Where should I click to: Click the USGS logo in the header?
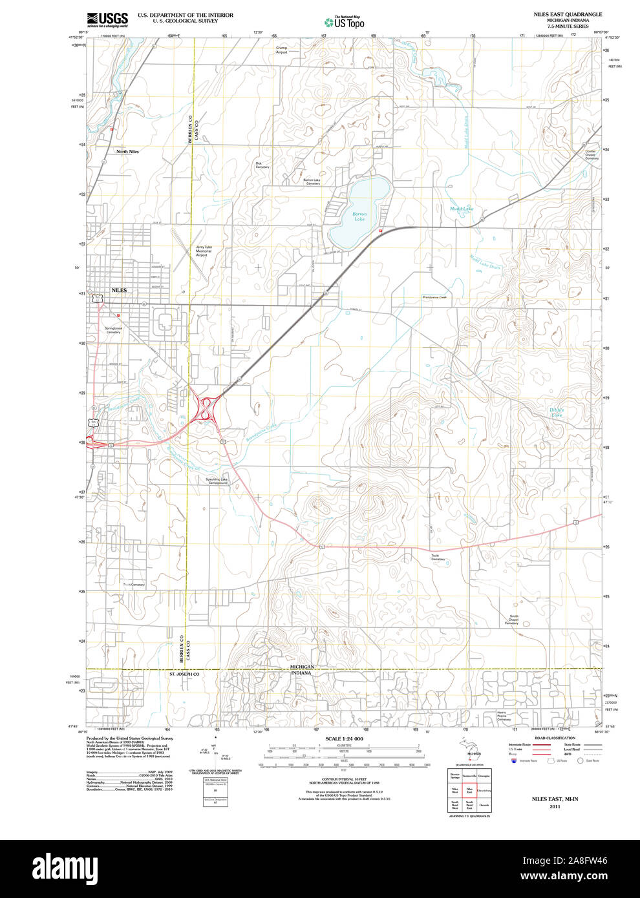click(107, 19)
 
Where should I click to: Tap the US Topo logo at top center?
click(345, 22)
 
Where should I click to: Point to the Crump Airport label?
click(281, 50)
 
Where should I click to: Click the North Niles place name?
click(127, 151)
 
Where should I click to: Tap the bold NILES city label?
click(119, 291)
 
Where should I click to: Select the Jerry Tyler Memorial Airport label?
click(204, 251)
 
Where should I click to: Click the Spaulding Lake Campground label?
click(217, 481)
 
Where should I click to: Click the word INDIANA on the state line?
click(301, 673)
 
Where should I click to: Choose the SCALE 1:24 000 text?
click(344, 738)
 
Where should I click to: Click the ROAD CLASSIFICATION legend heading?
click(555, 738)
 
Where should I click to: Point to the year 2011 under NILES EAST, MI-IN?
click(555, 807)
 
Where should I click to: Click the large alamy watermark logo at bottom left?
click(68, 868)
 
